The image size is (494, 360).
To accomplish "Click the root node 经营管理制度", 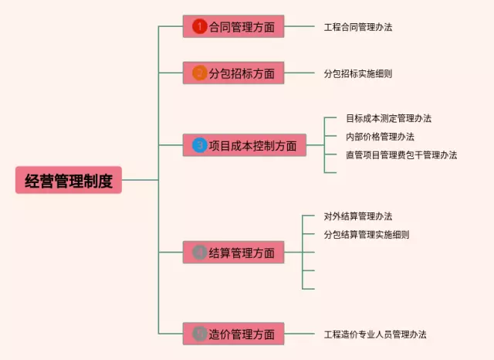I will click(x=69, y=181).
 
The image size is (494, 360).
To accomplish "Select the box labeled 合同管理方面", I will click(x=234, y=27).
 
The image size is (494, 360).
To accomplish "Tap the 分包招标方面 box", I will click(x=234, y=73).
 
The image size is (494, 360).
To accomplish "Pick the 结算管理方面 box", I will click(x=234, y=253).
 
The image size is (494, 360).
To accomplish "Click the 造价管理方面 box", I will click(x=234, y=335).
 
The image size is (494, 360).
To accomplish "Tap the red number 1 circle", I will click(x=199, y=27).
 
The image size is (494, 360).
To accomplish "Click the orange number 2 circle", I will click(x=199, y=73).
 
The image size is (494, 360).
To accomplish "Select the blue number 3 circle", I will click(x=199, y=145).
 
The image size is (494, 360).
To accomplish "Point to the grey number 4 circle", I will click(x=199, y=253).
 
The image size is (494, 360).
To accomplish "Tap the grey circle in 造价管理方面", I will click(x=199, y=335).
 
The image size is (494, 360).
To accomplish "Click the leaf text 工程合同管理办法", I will click(x=358, y=27).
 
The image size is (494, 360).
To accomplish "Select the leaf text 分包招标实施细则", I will click(x=358, y=73).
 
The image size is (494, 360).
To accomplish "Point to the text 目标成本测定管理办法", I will click(x=388, y=118).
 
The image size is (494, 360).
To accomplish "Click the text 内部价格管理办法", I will click(x=380, y=137).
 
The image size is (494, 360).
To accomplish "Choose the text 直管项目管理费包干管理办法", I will click(x=401, y=155).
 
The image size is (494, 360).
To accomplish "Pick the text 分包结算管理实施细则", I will click(x=367, y=235).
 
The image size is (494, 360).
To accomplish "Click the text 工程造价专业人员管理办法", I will click(x=375, y=335).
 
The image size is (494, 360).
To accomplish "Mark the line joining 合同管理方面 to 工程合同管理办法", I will click(x=297, y=27).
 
